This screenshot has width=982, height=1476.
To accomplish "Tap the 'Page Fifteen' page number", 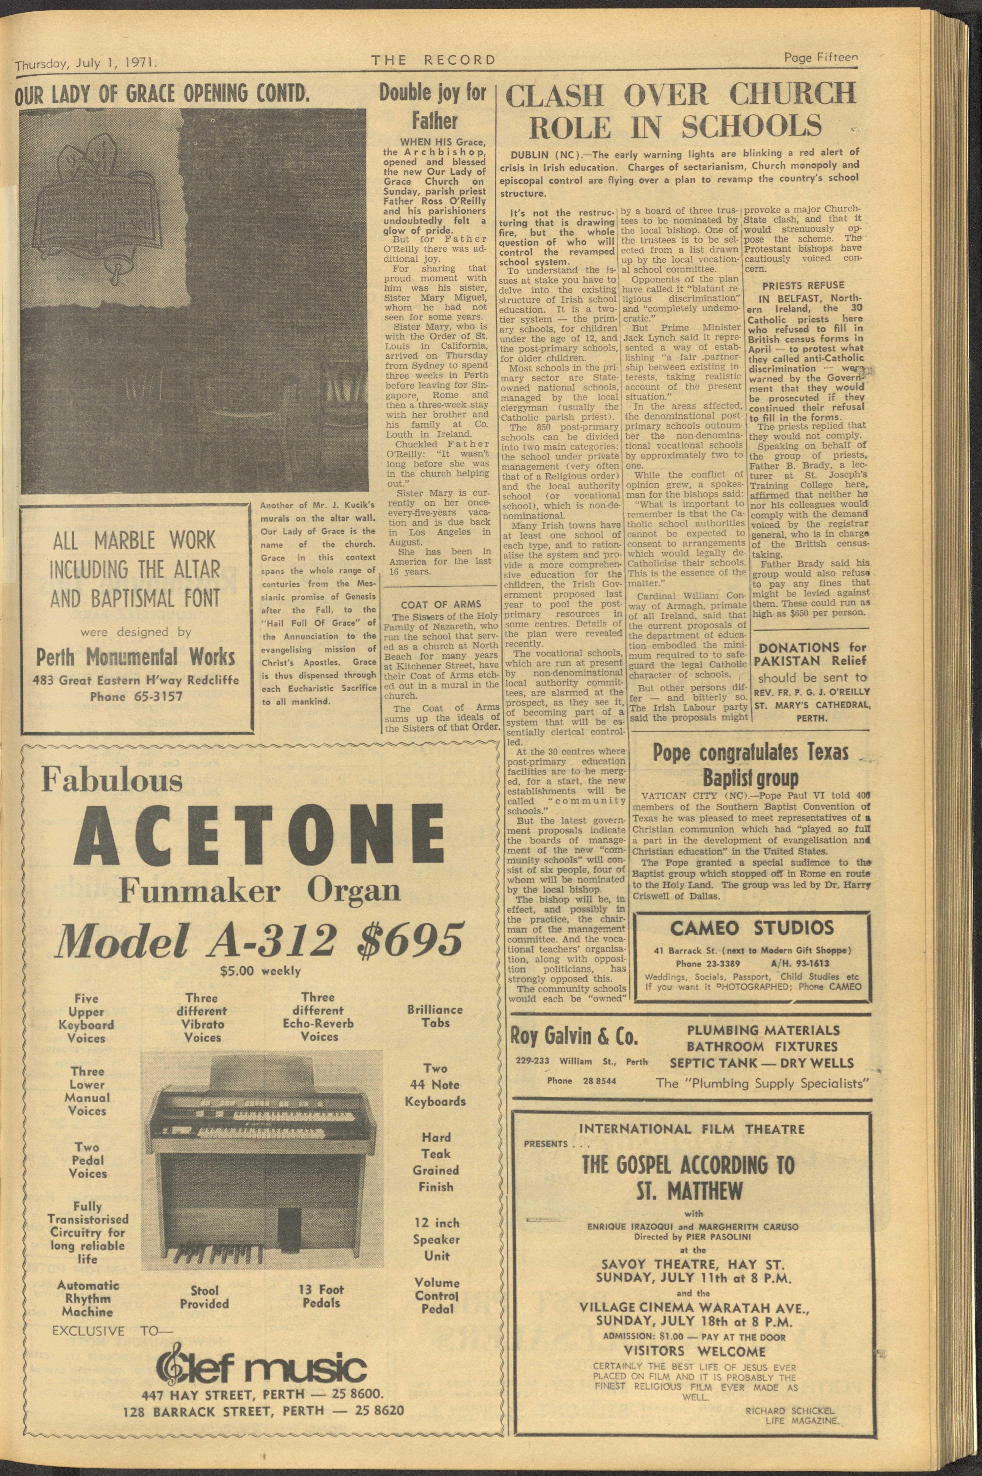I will click(x=820, y=58).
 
